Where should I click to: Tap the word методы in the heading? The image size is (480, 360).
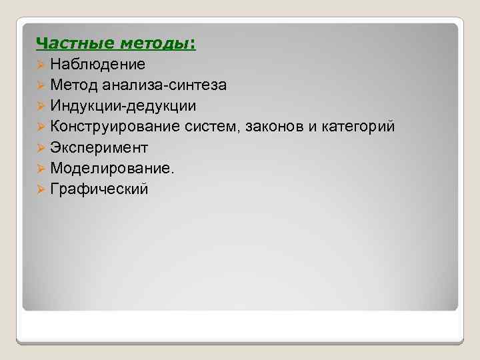coord(155,44)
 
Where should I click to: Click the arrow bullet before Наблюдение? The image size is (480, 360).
coord(41,65)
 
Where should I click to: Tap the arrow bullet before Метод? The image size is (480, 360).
coord(41,86)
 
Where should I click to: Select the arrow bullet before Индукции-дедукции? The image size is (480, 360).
coord(41,107)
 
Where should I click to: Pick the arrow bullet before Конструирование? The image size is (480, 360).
coord(41,127)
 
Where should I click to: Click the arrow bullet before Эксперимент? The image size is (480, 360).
coord(41,148)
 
